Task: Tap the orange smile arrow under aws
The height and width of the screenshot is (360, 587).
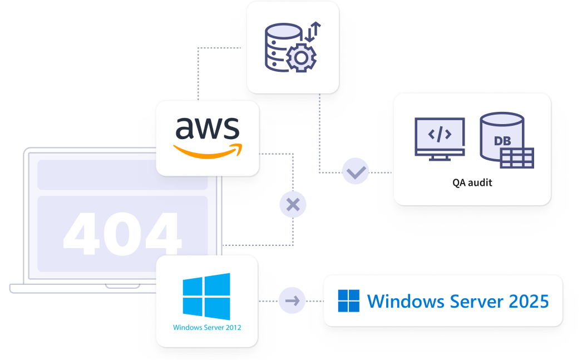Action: (x=208, y=151)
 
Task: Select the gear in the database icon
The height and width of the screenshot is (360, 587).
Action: (x=301, y=57)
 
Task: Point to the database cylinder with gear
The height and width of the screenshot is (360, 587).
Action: (x=278, y=47)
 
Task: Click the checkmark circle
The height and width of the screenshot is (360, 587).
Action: (x=356, y=172)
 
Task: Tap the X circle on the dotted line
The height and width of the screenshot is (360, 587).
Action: (x=293, y=205)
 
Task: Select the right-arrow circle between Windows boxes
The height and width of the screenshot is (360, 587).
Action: (x=292, y=301)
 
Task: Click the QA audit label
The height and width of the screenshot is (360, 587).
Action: (x=472, y=183)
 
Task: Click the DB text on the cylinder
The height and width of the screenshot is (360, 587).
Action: (x=502, y=141)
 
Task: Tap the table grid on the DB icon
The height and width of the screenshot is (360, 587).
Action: (x=516, y=158)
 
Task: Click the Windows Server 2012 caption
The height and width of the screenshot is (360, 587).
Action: (x=207, y=328)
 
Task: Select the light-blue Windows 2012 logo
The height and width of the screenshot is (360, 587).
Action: (x=206, y=296)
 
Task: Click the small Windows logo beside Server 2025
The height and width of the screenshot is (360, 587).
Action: (x=349, y=301)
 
